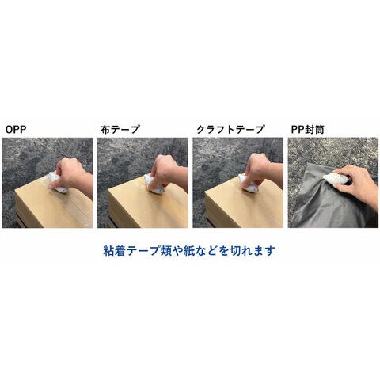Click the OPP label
point(16,130)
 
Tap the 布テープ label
point(120,130)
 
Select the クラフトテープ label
point(230,130)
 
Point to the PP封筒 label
point(307,130)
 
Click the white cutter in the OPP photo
point(58,183)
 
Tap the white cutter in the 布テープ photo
point(154,183)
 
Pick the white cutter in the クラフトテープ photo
point(248,183)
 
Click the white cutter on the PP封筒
point(336,179)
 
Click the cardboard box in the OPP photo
point(53,207)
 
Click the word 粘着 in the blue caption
point(115,251)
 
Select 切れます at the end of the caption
point(252,251)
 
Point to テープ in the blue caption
point(143,251)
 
